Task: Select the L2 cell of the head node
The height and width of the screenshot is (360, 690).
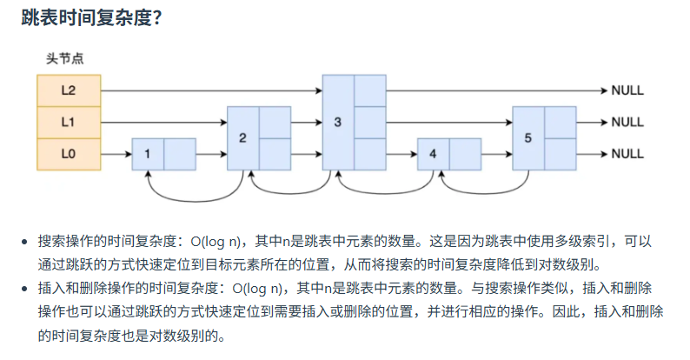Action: [x=69, y=90]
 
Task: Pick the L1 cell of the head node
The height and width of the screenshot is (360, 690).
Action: [x=69, y=123]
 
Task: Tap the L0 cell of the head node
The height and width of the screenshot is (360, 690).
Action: [x=69, y=154]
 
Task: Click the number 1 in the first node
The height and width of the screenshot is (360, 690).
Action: [x=148, y=154]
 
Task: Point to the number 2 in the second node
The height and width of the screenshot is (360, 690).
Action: [x=242, y=137]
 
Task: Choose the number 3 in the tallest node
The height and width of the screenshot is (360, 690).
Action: [x=338, y=122]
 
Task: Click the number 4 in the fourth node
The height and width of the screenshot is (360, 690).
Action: [x=433, y=154]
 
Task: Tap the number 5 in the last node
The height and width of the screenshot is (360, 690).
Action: [x=528, y=137]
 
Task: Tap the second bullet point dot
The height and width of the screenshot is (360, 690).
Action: [x=26, y=287]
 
